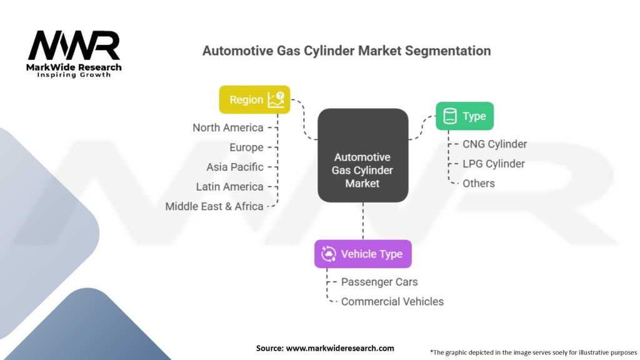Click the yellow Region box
pos(255,99)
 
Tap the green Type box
pos(464,116)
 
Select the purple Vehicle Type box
pos(363,254)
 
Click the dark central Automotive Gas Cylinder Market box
pos(363,155)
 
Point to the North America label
pos(227,127)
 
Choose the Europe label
pos(246,147)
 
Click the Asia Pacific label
pos(235,167)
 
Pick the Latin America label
pos(229,186)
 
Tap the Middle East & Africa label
pos(214,206)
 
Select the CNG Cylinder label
pos(495,144)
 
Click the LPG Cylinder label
pos(494,164)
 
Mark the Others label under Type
pos(478,183)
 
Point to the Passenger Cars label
pos(379,282)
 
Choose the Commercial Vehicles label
pos(392,302)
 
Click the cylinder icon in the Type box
pos(450,116)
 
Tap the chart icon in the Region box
pos(276,99)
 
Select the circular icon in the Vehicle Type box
pos(329,254)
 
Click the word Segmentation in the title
pos(447,51)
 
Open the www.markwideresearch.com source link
pos(340,348)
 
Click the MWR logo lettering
pos(74,45)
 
